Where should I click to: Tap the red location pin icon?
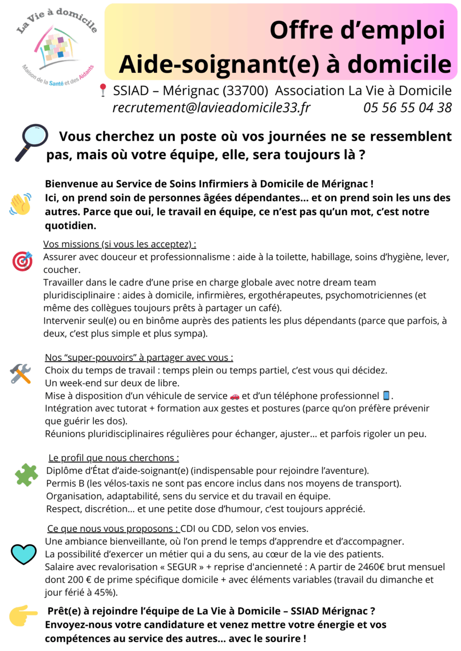point(103,91)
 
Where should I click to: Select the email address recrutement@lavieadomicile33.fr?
point(212,108)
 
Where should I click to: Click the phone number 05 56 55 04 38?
point(407,108)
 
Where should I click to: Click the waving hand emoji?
point(21,204)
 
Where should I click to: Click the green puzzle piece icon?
point(26,474)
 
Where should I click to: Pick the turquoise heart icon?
point(23,554)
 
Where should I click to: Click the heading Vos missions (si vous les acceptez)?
point(123,244)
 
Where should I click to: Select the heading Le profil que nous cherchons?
point(114,458)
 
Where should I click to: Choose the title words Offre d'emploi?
point(357,30)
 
